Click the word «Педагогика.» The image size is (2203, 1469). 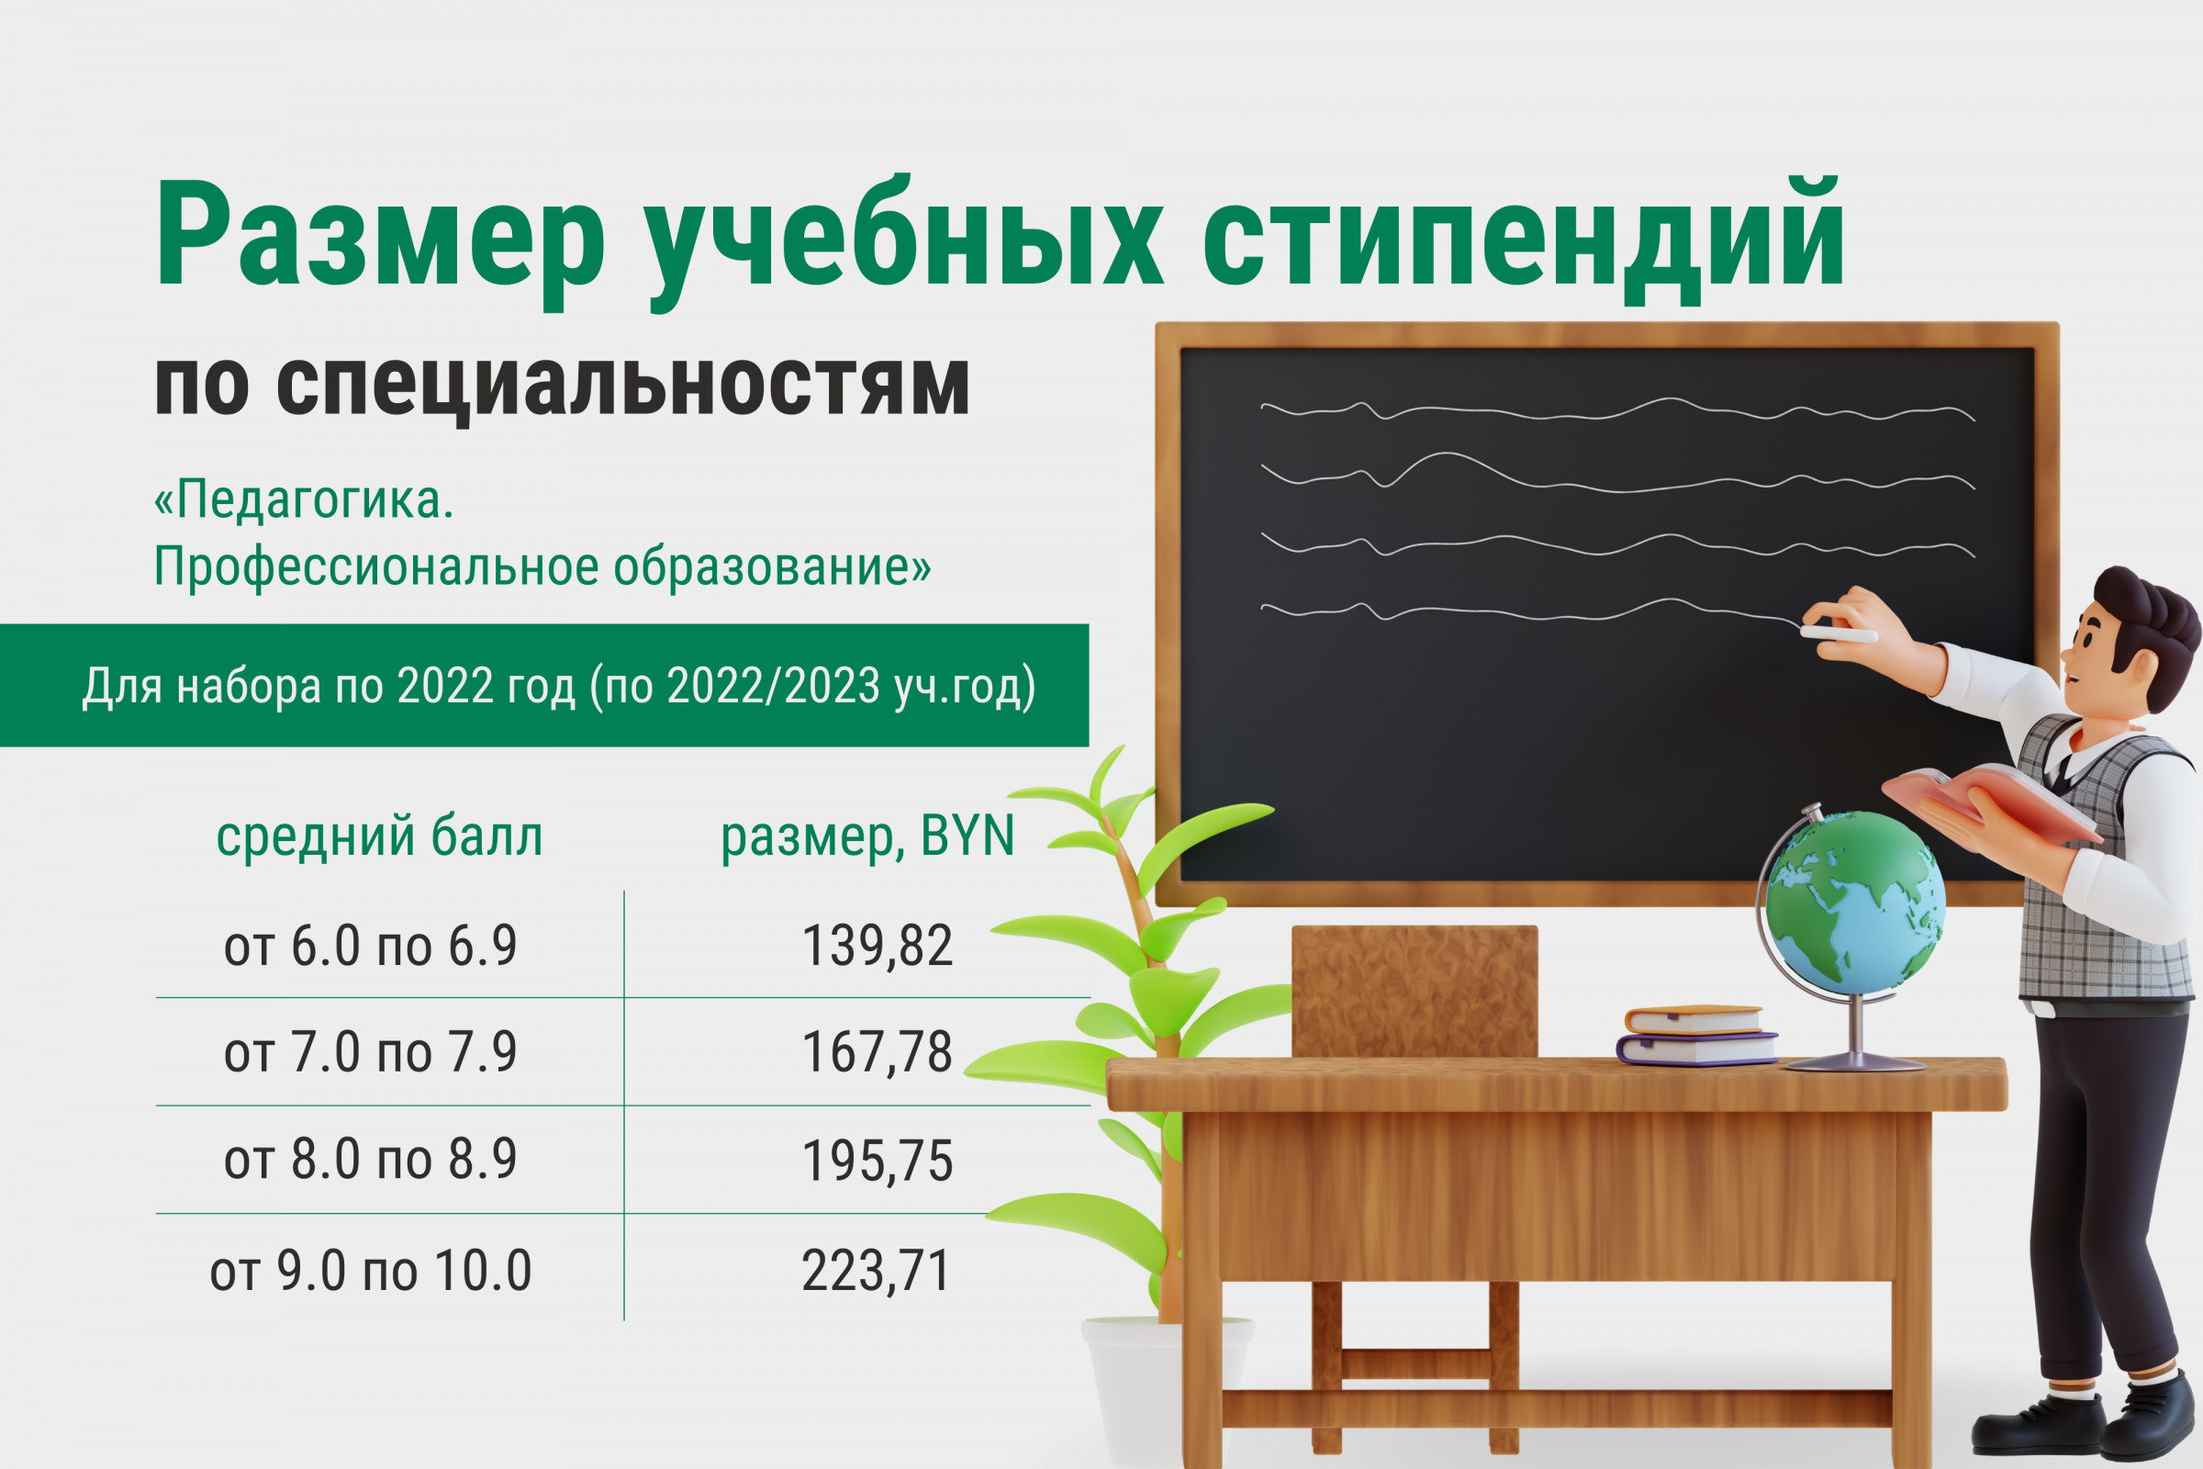pos(305,499)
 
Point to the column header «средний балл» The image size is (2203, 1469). pos(379,835)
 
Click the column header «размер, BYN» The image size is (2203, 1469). pos(867,835)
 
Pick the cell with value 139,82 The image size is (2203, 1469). pos(877,946)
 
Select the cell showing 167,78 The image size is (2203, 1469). pos(877,1051)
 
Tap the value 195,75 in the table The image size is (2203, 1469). pos(877,1160)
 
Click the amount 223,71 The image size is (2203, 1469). pos(876,1271)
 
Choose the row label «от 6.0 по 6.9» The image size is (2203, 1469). pos(370,946)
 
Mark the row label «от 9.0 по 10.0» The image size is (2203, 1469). pos(371,1271)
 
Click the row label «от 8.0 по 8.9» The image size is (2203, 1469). pos(370,1160)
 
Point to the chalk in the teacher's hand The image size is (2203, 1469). pos(1839,634)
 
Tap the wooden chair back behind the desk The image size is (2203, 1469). pos(1415,992)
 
